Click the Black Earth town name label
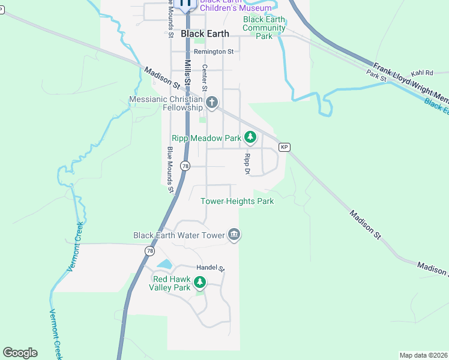(x=205, y=34)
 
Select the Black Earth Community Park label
(x=264, y=28)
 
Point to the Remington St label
(x=209, y=52)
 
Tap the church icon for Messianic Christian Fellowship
(x=211, y=103)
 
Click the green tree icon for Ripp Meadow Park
(x=250, y=139)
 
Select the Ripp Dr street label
(x=246, y=163)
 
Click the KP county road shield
(x=284, y=147)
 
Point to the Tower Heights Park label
(x=237, y=201)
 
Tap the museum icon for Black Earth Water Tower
(x=234, y=235)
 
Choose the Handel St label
(x=210, y=268)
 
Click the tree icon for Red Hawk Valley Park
(x=199, y=281)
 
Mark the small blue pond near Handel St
(x=163, y=264)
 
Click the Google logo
(x=20, y=353)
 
